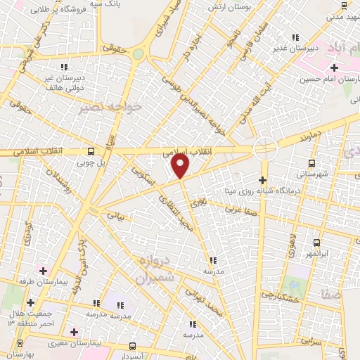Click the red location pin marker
[181, 166]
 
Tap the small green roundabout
[139, 53]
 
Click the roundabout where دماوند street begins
[265, 148]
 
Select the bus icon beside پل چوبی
[90, 150]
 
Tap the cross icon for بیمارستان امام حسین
[335, 67]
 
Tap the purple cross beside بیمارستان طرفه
[44, 271]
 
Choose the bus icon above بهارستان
[20, 342]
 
